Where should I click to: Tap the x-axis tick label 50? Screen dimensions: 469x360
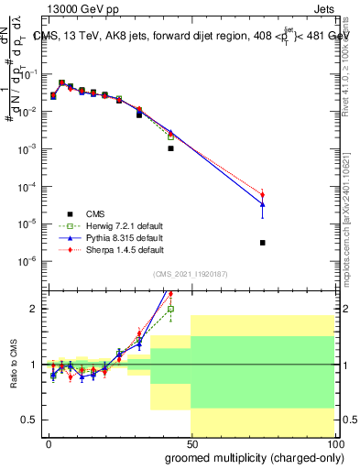(x=191, y=442)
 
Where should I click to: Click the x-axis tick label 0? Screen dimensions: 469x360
(x=49, y=442)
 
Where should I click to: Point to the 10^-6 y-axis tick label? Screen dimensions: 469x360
(x=29, y=261)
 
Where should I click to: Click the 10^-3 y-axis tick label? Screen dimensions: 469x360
(x=29, y=148)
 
